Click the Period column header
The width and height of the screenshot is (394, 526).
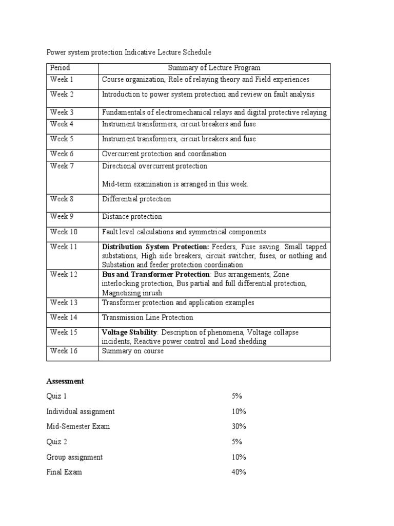point(60,68)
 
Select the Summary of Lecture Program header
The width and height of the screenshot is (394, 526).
point(214,68)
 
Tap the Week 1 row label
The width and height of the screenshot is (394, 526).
point(62,80)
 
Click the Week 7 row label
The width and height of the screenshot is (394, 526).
point(62,166)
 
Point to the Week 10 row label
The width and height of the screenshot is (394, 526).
point(64,232)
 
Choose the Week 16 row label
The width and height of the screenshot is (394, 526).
point(64,351)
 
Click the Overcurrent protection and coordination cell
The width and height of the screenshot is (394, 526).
point(164,154)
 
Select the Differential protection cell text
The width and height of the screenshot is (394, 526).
point(136,199)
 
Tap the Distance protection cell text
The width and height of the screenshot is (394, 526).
point(132,217)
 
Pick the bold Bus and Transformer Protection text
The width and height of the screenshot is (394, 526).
point(155,275)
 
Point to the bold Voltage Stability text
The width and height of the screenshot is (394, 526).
point(129,332)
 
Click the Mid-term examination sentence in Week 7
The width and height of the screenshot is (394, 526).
point(175,184)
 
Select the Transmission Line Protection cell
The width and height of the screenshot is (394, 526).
point(147,318)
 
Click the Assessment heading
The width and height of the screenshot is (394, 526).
point(65,381)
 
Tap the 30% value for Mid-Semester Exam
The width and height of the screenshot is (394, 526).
point(239,426)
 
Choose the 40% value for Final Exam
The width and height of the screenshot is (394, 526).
point(239,472)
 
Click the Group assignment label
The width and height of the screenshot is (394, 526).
point(74,457)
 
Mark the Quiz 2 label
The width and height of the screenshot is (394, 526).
point(56,442)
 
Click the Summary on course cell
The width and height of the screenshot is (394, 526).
point(133,351)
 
